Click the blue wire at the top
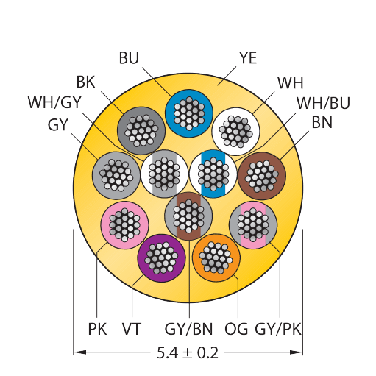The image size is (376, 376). pos(189,113)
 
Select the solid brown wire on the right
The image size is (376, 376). pos(262,176)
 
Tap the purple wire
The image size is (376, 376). pos(161,258)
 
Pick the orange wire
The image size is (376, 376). pos(216,258)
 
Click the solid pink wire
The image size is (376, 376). pos(124,225)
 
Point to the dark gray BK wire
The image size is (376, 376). pos(141,131)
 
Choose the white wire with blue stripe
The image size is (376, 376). pos(213,174)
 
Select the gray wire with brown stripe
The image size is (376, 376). pos(188,216)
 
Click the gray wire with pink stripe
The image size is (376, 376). pos(253,225)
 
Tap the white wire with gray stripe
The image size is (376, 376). pos(165,174)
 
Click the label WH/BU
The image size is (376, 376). pos(323,103)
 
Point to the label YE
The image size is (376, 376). pos(248,58)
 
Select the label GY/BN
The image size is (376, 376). pos(188,329)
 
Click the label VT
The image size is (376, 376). pos(132,329)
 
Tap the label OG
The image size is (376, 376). pos(236,329)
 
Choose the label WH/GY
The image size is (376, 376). pos(54,102)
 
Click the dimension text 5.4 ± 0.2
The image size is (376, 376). pos(188,353)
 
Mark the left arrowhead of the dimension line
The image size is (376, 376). pos(79,352)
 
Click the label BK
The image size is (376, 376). pos(85,82)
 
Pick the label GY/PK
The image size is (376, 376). pos(278,329)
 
